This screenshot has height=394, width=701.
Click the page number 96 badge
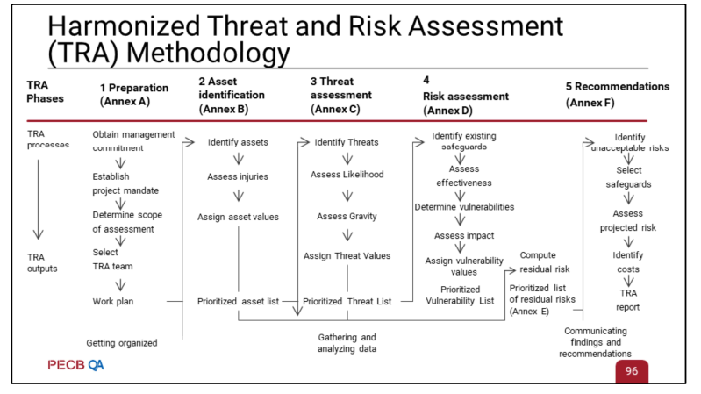tap(632, 370)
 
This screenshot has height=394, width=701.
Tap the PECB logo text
tap(66, 365)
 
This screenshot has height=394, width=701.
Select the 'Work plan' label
tap(113, 302)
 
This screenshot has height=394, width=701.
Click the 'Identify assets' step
tap(238, 142)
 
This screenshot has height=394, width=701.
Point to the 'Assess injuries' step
tap(238, 176)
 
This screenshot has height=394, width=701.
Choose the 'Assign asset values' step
tap(239, 217)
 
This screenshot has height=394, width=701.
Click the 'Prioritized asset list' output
tap(239, 302)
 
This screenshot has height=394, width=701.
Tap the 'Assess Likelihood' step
tap(347, 175)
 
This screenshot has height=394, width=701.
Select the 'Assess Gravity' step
tap(347, 217)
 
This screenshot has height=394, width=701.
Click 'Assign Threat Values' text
tap(347, 256)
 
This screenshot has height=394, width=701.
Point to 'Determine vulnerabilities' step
tap(464, 207)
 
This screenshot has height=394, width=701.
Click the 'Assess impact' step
tap(464, 236)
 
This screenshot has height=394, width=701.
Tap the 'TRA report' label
tap(628, 300)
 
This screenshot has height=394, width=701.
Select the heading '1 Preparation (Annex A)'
tap(134, 95)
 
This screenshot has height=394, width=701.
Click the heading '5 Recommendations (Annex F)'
tap(618, 95)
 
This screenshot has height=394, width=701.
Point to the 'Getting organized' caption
tap(122, 343)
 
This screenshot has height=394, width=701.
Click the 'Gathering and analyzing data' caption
tap(347, 343)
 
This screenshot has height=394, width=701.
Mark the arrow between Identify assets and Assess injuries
tap(239, 159)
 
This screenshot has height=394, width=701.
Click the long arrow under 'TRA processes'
tap(39, 199)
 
